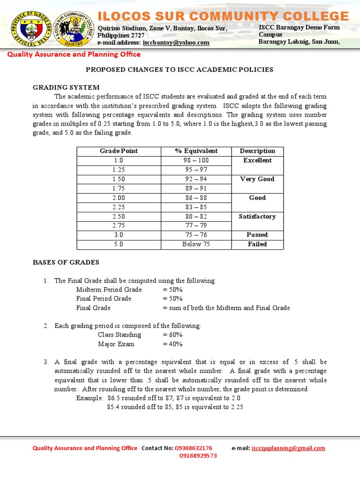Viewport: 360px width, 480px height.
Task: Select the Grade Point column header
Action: tap(119, 151)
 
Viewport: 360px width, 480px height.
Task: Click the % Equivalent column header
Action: tap(196, 151)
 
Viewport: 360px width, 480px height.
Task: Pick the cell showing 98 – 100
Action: tap(196, 160)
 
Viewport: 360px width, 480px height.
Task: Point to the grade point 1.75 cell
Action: tap(119, 188)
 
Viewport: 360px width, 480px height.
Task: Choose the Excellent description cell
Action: tap(257, 160)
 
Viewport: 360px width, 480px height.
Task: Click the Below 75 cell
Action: tap(196, 244)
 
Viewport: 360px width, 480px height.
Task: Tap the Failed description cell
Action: tap(257, 244)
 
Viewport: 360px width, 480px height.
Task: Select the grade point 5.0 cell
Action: tap(119, 244)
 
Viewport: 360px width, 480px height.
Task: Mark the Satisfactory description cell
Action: tap(257, 217)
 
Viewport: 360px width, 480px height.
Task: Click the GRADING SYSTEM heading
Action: tap(66, 87)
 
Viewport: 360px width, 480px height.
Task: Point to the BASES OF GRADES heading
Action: tap(66, 262)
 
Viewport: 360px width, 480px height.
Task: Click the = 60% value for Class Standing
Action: tap(172, 335)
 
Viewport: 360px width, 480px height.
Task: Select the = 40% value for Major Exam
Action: tap(172, 344)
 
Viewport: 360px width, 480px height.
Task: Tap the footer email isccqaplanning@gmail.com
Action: tap(288, 448)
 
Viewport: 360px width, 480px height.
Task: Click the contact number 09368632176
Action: tap(193, 448)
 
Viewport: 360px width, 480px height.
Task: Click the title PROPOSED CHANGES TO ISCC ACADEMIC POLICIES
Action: tap(179, 69)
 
